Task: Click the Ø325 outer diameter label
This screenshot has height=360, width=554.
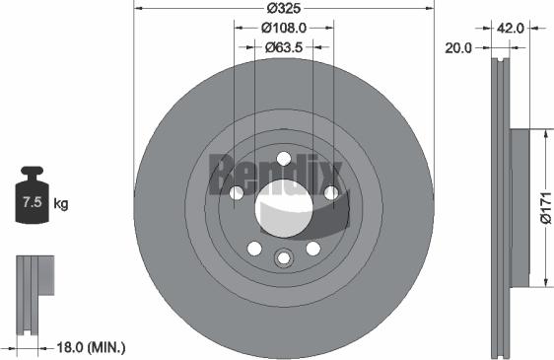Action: pos(283,9)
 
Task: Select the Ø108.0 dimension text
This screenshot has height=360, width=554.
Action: pos(284,29)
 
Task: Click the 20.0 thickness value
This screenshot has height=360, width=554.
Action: pos(460,46)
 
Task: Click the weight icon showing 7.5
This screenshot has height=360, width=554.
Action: pos(32,202)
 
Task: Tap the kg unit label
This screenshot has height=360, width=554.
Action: pos(61,204)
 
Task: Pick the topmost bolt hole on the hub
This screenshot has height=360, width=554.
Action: pos(284,159)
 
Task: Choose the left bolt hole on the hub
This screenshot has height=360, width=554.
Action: pos(237,192)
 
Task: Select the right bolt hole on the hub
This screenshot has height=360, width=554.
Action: pos(330,192)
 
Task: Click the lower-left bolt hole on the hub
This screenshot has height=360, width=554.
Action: pos(254,248)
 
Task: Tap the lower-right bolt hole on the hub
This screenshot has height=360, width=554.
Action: pos(312,248)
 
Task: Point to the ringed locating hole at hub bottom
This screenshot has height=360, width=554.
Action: pos(284,258)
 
